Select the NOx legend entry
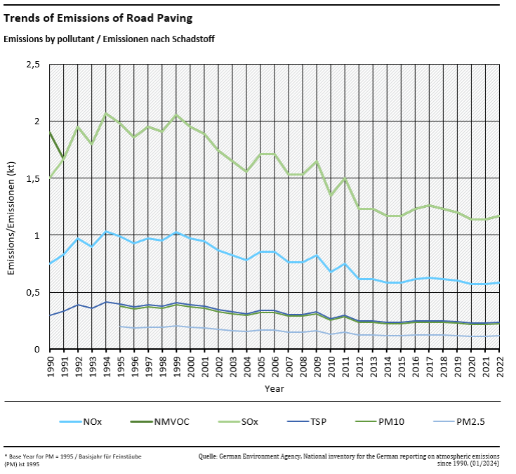click(91, 421)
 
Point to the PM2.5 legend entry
click(471, 421)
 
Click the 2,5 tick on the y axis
click(32, 65)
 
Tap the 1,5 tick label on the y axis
click(32, 178)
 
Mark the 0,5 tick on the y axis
click(32, 292)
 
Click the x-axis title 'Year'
click(274, 388)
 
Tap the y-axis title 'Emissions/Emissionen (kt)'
click(12, 207)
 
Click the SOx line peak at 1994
click(106, 114)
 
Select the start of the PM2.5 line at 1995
click(120, 327)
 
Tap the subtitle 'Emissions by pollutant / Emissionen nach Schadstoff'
click(109, 39)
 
